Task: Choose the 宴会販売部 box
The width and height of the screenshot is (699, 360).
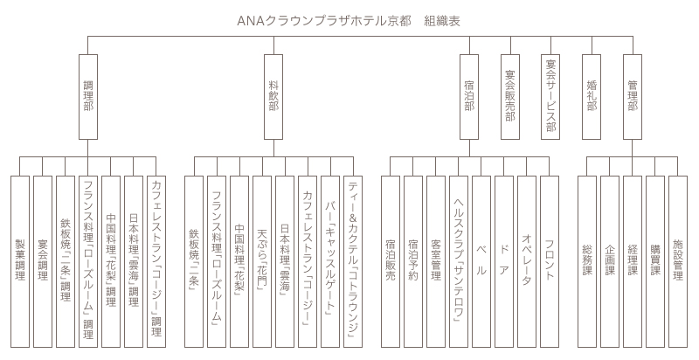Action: (x=510, y=96)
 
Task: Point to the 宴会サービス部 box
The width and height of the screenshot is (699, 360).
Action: (x=550, y=96)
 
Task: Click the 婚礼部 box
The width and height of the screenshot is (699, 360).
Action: (x=592, y=96)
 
